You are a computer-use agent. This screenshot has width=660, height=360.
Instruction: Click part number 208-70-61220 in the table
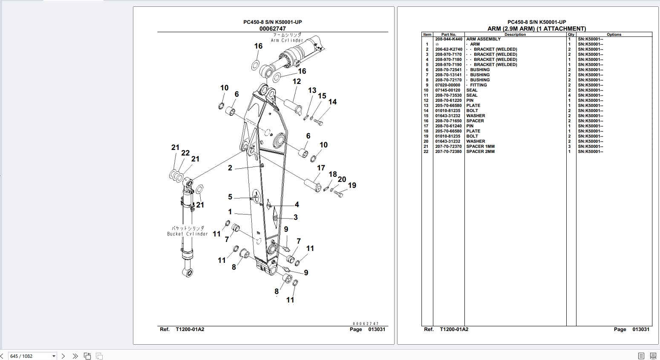click(448, 101)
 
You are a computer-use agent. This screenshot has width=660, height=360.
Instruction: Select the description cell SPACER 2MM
click(480, 152)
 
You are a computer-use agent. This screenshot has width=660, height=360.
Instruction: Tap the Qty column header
click(571, 35)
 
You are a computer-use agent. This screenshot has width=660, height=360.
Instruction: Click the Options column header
click(614, 35)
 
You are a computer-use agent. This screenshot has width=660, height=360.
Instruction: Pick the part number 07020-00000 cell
click(447, 85)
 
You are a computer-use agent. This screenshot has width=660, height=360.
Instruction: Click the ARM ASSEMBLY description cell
click(483, 39)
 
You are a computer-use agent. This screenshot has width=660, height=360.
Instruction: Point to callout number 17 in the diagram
click(321, 168)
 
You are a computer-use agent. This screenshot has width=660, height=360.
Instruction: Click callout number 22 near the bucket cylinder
click(185, 153)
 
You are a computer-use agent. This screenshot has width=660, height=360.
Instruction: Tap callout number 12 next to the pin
click(297, 81)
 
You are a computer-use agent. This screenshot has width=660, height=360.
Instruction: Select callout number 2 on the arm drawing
click(230, 168)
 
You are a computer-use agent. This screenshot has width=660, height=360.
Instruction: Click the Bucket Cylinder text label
click(187, 234)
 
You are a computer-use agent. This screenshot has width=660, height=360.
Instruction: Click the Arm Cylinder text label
click(287, 40)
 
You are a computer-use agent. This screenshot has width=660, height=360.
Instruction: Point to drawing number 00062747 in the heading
click(273, 29)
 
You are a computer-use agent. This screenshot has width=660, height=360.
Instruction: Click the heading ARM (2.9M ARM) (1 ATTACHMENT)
click(536, 29)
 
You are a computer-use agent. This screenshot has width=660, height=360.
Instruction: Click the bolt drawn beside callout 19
click(339, 194)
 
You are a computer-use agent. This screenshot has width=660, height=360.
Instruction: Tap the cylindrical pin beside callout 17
click(312, 186)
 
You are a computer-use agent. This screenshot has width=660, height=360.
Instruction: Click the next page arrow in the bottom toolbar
click(63, 356)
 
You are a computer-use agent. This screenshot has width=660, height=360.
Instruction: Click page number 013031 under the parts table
click(640, 329)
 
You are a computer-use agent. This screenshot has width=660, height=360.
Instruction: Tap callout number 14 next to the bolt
click(332, 102)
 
